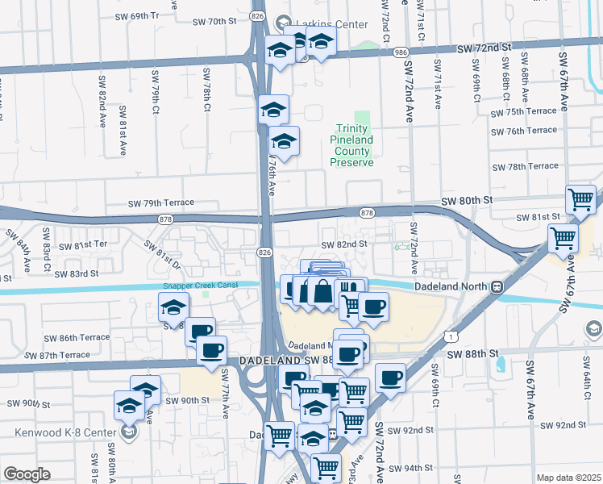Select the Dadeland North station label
[453, 286]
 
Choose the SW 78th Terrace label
[526, 166]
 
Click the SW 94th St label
[412, 468]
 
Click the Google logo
[27, 474]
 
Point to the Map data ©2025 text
[568, 478]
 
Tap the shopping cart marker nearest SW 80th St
[580, 198]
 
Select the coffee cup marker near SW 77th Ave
[211, 351]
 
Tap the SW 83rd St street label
[77, 273]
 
